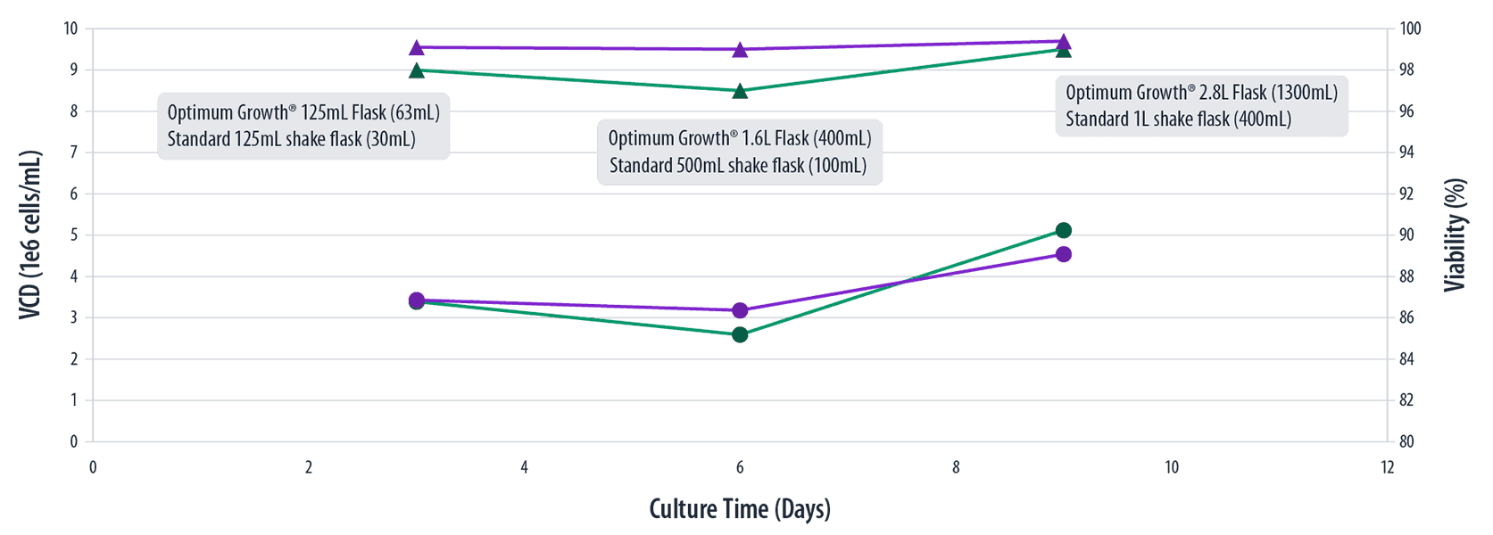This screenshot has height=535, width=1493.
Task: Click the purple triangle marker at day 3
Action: point(417,47)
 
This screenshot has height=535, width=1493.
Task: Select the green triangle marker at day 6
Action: point(740,91)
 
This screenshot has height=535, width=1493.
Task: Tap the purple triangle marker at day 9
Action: point(1063,41)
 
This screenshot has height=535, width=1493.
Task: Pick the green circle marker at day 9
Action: point(1063,231)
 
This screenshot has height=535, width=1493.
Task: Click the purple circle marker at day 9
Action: point(1063,254)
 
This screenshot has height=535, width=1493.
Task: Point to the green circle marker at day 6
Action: point(740,334)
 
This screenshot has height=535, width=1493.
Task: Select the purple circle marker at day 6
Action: point(740,310)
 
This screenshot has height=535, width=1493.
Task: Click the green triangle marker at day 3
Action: point(417,70)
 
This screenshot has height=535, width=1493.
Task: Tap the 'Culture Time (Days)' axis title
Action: point(740,509)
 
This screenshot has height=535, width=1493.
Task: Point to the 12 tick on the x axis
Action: point(1386,467)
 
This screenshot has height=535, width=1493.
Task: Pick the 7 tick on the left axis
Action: point(75,152)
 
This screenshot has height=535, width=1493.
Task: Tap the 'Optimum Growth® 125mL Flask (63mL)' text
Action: point(303,112)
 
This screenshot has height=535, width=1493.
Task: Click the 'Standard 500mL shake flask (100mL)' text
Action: point(738,165)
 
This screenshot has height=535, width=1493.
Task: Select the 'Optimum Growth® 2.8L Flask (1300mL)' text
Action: point(1201,93)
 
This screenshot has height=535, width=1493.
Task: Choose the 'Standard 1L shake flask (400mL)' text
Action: point(1178,119)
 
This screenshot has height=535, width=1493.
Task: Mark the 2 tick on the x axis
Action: point(309,467)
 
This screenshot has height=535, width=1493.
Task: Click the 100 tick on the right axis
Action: point(1411,29)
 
